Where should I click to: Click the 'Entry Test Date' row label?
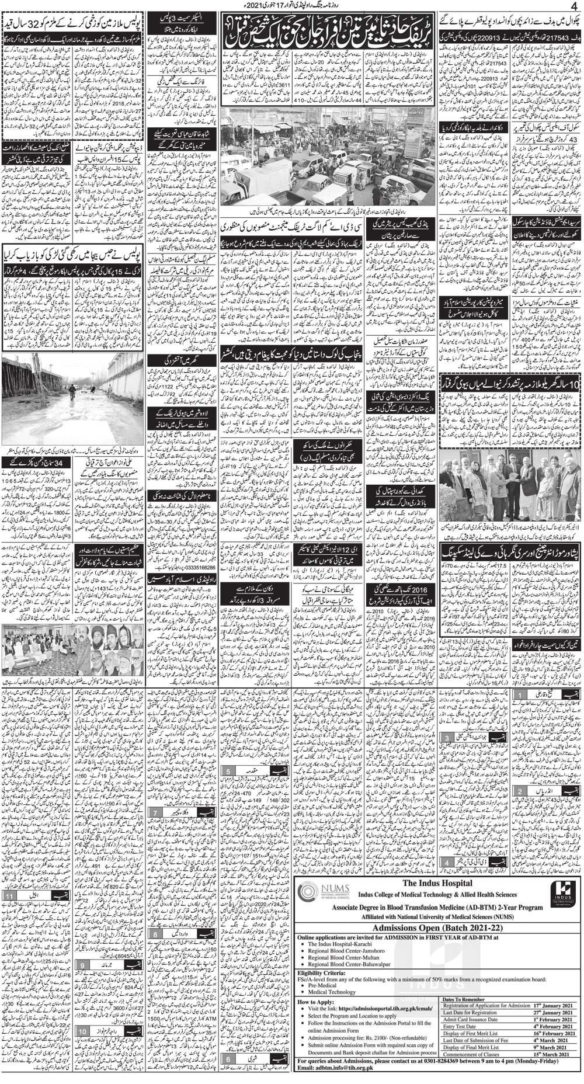(461, 1026)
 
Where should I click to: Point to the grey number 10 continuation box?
(84, 1031)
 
